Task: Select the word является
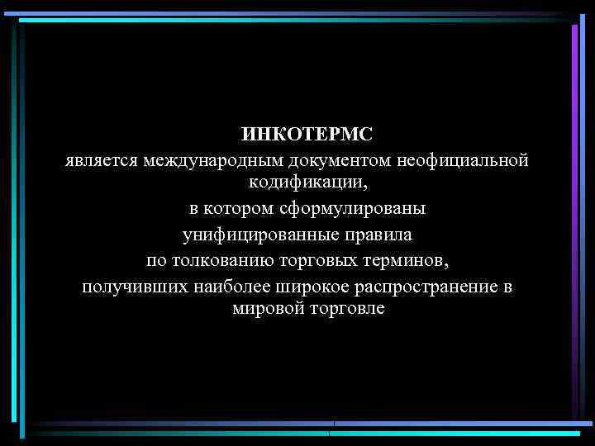101,159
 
